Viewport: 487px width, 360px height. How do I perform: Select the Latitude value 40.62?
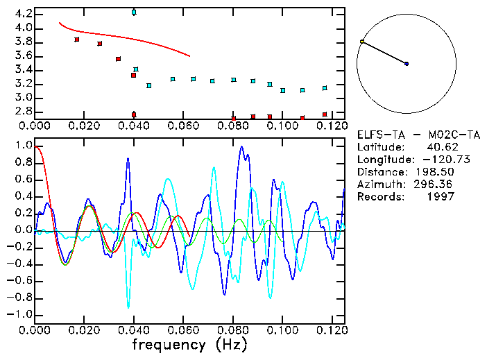tap(439, 147)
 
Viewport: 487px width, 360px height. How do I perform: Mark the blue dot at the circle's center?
tap(407, 64)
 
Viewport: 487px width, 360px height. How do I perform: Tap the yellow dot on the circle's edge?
tap(362, 42)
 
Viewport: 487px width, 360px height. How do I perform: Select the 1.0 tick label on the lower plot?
tap(23, 146)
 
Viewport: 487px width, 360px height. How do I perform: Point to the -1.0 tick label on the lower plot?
tap(21, 314)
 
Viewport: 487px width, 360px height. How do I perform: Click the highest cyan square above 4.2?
tap(134, 12)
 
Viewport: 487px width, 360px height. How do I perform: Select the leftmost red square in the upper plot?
tap(77, 40)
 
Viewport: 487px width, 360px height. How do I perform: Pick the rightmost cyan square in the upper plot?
tap(325, 88)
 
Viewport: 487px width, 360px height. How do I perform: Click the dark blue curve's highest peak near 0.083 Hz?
tap(241, 147)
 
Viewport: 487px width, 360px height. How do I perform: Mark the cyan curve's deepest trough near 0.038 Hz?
tap(128, 306)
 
